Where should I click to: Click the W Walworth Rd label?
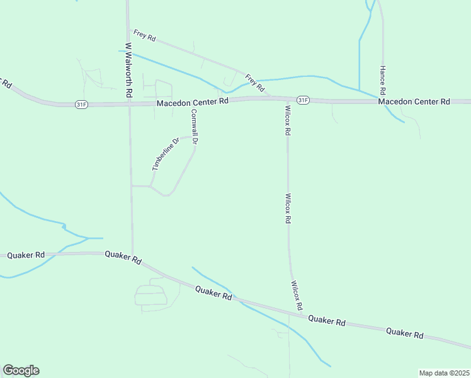tap(128, 69)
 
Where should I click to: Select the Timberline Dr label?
tap(166, 154)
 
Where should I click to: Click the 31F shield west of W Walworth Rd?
tap(81, 104)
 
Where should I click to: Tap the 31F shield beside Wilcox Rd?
tap(303, 100)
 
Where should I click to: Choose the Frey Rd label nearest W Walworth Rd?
tap(144, 35)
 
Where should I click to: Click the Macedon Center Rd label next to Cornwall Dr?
tap(192, 102)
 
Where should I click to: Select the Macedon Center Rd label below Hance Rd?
tap(414, 101)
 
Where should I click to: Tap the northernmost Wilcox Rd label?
tap(287, 120)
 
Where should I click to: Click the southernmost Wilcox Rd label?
tap(297, 295)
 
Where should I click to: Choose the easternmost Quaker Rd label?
tap(404, 333)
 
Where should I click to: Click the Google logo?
tap(21, 370)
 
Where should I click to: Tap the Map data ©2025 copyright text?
tap(444, 373)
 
